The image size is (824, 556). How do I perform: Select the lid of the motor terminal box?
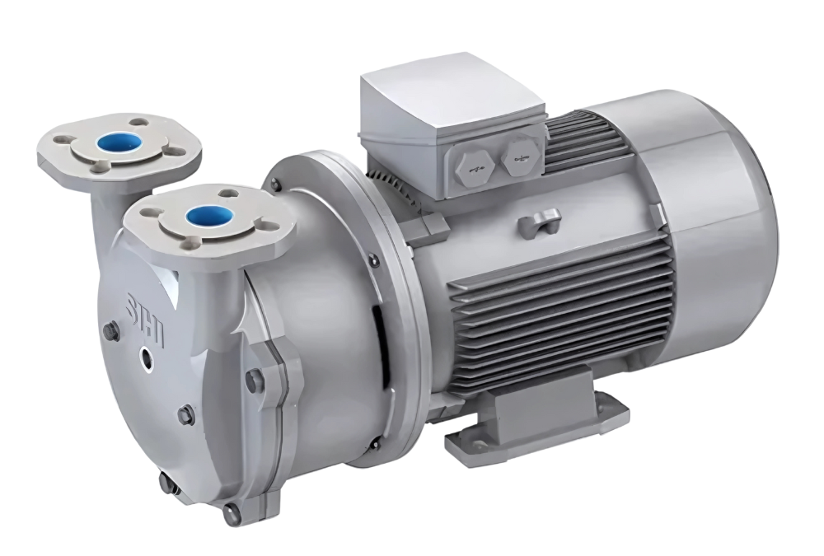[x=449, y=103]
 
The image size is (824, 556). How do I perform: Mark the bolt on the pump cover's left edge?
[x=108, y=332]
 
